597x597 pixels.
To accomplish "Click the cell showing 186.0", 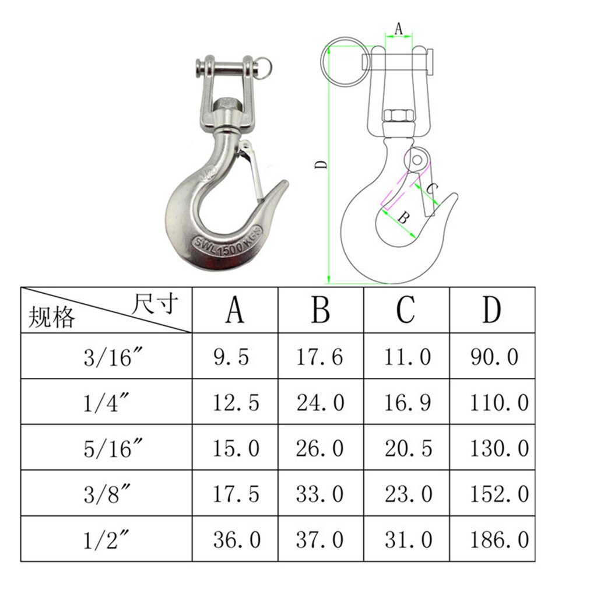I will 499,539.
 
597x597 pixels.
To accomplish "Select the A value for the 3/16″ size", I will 230,356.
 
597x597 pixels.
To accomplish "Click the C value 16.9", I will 408,402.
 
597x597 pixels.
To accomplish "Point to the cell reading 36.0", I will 236,539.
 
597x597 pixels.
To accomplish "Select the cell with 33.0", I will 320,494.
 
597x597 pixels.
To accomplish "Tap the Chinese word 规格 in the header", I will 52,318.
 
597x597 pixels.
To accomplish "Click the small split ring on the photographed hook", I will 264,66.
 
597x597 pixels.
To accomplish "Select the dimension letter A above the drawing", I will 399,27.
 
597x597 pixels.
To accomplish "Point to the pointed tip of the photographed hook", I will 285,185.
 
